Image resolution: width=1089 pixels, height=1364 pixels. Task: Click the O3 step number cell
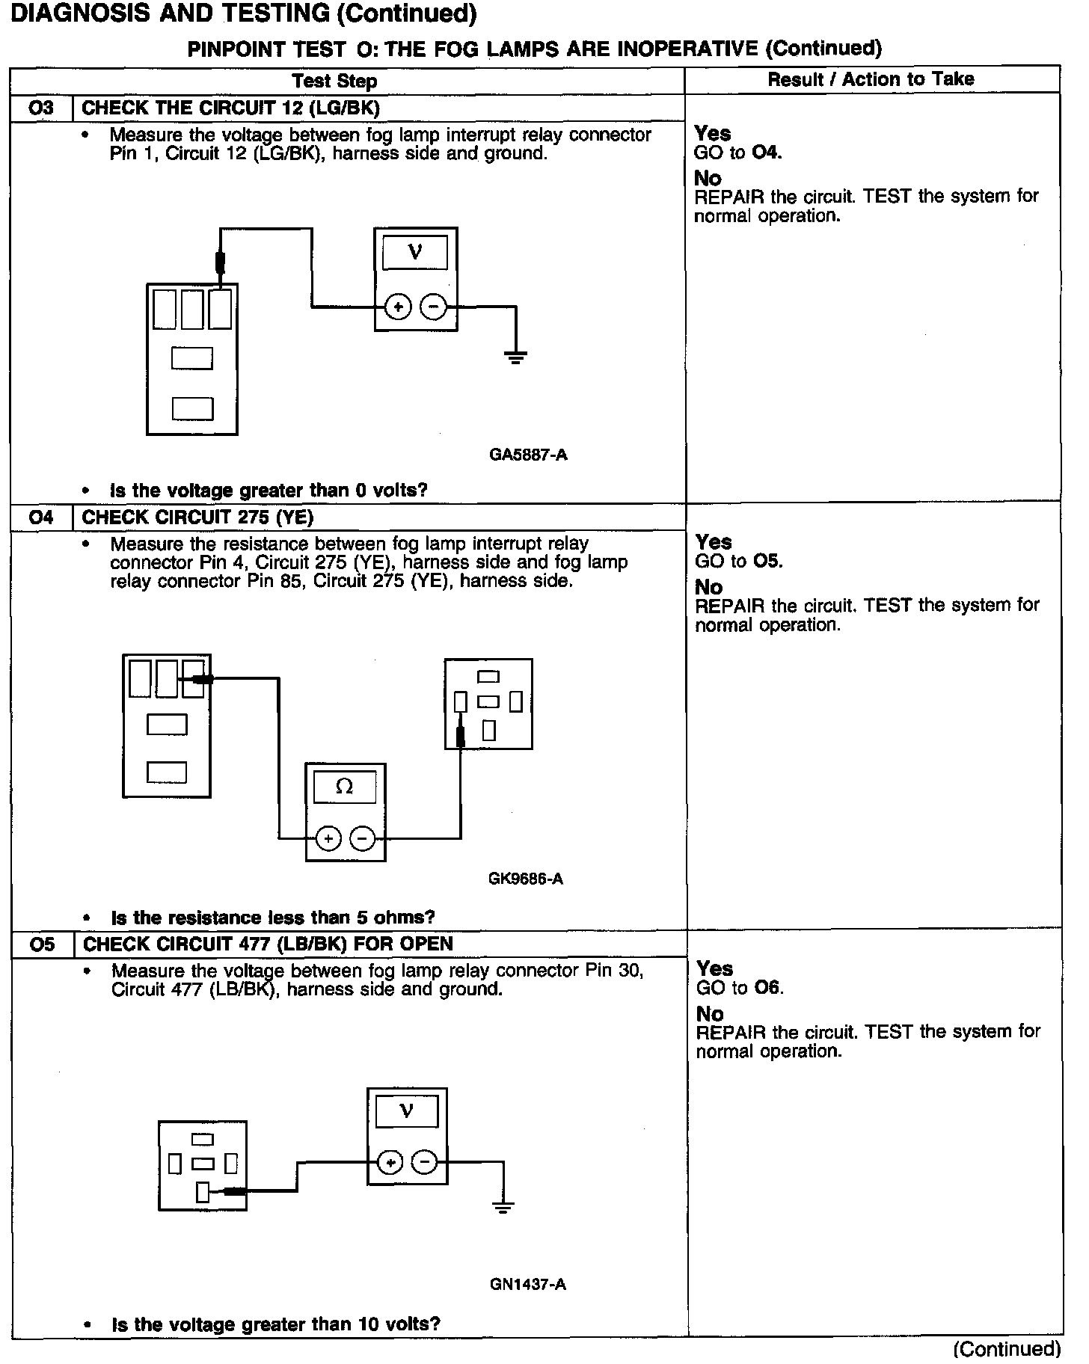pos(41,108)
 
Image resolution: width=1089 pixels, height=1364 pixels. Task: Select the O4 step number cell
pos(42,517)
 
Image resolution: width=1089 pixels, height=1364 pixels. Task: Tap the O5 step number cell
pos(43,944)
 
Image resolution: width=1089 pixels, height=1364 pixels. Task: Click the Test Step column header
pos(334,81)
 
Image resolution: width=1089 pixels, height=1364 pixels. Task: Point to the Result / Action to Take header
pos(871,79)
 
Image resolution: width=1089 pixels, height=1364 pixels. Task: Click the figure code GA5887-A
pos(528,455)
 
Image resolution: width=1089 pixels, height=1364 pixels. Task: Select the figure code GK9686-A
pos(525,879)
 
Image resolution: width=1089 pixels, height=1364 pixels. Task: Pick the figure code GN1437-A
pos(528,1285)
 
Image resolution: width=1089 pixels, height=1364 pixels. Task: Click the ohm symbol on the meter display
pos(345,787)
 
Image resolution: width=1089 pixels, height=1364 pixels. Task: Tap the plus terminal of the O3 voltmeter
pos(398,307)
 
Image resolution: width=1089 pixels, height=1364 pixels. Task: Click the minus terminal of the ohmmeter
pos(363,839)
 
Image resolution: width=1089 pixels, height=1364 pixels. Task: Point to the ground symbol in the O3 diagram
pos(516,357)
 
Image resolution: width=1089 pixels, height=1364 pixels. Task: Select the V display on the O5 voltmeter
pos(407,1111)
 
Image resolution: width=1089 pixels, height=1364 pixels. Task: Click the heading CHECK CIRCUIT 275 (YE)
pos(197,517)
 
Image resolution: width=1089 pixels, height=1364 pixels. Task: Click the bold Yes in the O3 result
pos(712,134)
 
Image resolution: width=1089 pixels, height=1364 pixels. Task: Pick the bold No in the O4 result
pos(709,587)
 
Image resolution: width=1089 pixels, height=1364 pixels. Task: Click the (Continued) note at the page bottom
pos(1007,1348)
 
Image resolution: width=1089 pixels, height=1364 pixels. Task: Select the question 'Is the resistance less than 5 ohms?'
pos(273,918)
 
